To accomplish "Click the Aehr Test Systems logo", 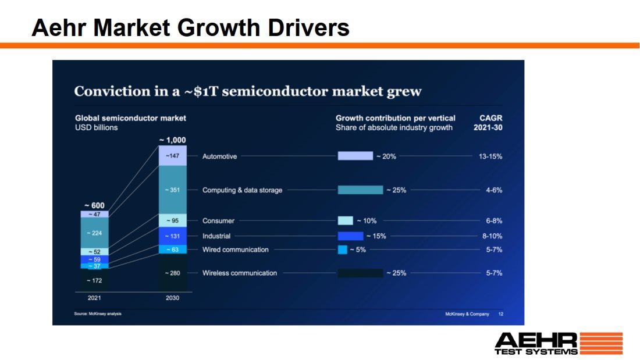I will click(x=558, y=343).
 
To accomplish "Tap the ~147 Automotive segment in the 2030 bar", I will click(x=173, y=156).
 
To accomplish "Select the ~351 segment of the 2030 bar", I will click(x=173, y=190).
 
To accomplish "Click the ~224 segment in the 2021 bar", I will click(x=94, y=233).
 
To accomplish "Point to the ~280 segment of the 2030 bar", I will click(x=173, y=273).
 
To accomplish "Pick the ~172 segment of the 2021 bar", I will click(x=94, y=280).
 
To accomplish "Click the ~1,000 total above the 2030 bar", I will click(x=172, y=140).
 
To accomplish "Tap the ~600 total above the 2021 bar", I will click(x=94, y=205).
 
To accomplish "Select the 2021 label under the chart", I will click(x=94, y=298).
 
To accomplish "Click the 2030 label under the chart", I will click(x=172, y=298).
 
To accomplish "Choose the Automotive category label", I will click(x=219, y=156).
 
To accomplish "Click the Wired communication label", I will click(x=235, y=249).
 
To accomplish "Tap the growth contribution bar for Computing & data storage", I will click(x=360, y=190).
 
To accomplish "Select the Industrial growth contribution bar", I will click(x=350, y=236).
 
